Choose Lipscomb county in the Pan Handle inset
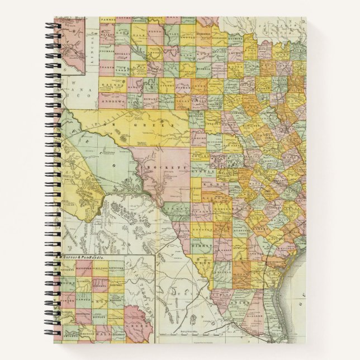point(117,268)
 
